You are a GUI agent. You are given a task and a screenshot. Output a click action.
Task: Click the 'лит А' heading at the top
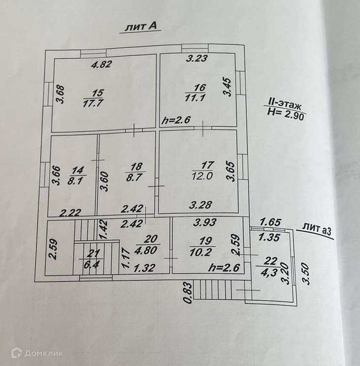pyautogui.click(x=142, y=28)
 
